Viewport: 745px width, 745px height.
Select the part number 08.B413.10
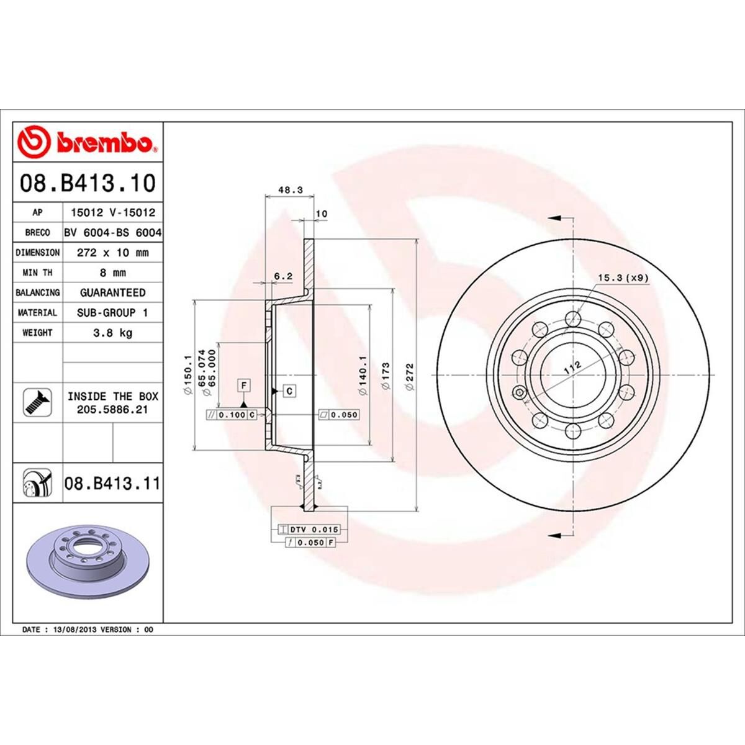click(x=88, y=184)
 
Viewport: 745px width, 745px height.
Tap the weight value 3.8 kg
click(x=112, y=333)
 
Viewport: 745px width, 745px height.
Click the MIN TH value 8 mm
click(x=112, y=273)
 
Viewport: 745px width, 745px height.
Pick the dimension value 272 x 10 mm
click(x=112, y=253)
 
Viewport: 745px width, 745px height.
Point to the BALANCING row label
click(x=37, y=292)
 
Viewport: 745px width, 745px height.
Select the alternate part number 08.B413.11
click(x=112, y=483)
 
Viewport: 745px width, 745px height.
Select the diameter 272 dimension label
click(x=409, y=376)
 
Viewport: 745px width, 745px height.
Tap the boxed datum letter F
click(x=245, y=386)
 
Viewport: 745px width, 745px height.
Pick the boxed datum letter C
click(x=289, y=391)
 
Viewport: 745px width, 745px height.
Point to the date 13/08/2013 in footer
click(x=74, y=630)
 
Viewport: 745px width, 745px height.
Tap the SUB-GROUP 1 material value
click(x=112, y=313)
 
